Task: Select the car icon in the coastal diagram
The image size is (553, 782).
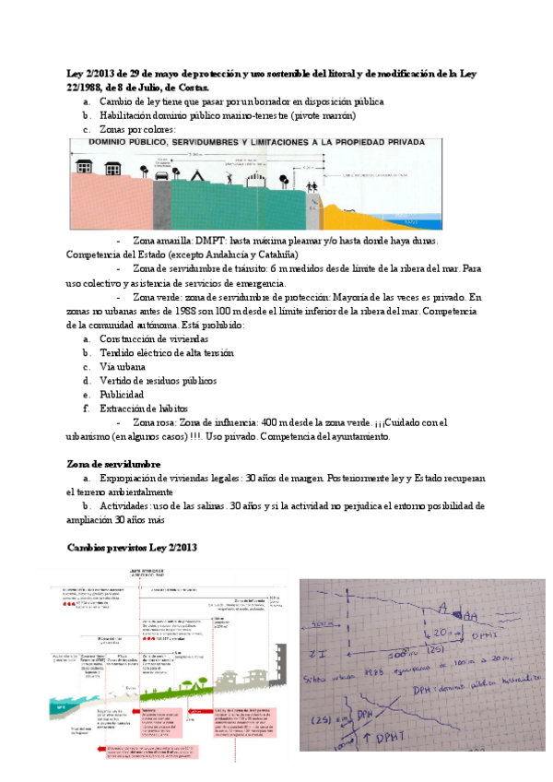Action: [x=162, y=174]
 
